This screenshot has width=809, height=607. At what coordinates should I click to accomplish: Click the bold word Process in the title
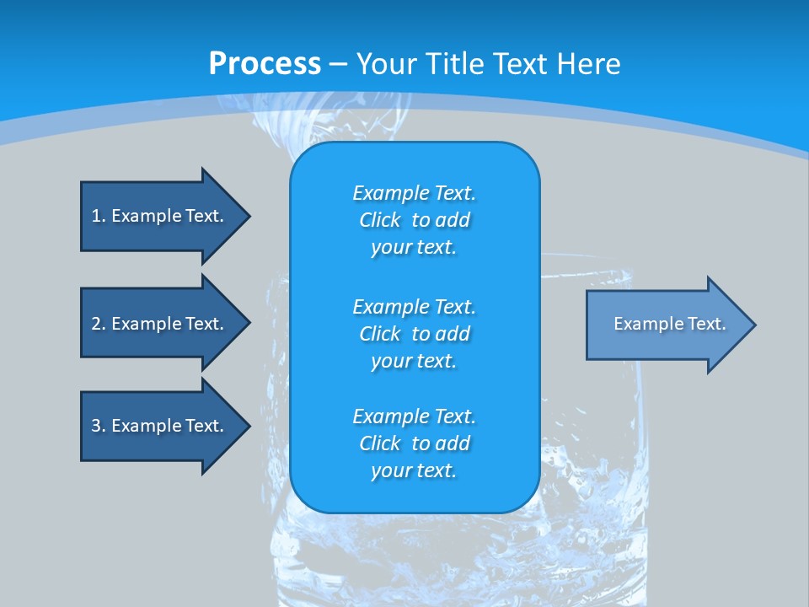click(x=265, y=64)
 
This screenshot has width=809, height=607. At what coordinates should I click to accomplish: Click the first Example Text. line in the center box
click(x=414, y=193)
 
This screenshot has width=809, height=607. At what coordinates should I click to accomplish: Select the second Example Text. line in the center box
click(x=414, y=306)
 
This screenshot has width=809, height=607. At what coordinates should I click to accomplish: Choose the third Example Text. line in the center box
click(x=414, y=416)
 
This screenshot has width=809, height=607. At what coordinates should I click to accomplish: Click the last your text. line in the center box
click(x=414, y=471)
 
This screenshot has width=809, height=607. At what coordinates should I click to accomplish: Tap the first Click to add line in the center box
click(x=414, y=220)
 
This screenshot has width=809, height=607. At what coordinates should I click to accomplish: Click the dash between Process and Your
click(x=338, y=64)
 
